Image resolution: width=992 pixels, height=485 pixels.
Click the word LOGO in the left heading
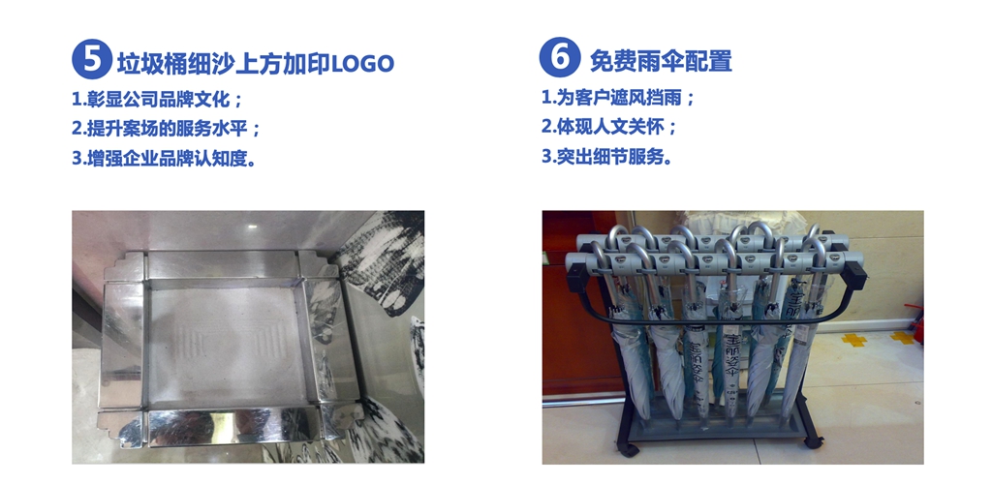tap(363, 63)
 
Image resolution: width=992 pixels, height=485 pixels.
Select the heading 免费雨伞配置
tap(661, 61)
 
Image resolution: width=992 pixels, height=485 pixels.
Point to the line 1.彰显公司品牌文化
tap(157, 100)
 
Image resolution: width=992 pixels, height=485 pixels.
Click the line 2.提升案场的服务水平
tap(166, 129)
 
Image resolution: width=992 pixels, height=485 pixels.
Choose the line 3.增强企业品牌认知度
tap(164, 158)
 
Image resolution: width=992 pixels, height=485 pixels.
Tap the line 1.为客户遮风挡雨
tap(618, 98)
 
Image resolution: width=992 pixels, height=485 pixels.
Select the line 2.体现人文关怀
tap(609, 127)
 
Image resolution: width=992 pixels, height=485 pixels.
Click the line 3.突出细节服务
tap(606, 156)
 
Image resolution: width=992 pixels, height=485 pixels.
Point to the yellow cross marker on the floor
tap(853, 340)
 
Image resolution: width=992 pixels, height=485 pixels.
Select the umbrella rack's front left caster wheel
tap(629, 449)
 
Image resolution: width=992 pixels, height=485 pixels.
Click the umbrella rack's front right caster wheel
tap(812, 441)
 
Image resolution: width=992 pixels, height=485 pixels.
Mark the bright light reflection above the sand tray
tap(252, 227)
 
